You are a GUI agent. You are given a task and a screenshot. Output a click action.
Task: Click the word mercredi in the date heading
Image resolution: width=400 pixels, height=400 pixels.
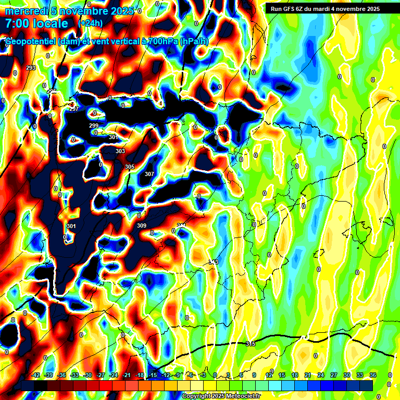pyautogui.click(x=27, y=11)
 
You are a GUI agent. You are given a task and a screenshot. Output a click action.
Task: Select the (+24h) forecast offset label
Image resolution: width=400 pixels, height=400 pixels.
pyautogui.click(x=90, y=23)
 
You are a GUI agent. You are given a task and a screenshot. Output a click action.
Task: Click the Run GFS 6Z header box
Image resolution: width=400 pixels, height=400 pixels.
pyautogui.click(x=325, y=8)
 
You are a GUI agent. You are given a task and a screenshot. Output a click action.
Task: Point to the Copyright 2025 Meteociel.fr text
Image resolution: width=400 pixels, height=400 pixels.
pyautogui.click(x=221, y=396)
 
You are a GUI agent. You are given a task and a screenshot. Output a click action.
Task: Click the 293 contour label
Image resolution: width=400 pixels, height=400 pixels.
pyautogui.click(x=31, y=68)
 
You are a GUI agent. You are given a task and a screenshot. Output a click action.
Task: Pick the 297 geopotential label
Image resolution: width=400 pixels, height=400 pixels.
pyautogui.click(x=74, y=109)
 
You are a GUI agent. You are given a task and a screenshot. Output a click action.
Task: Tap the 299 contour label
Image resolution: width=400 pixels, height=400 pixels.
pyautogui.click(x=94, y=126)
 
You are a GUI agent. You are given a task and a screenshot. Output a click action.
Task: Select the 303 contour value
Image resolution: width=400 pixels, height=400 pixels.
pyautogui.click(x=120, y=151)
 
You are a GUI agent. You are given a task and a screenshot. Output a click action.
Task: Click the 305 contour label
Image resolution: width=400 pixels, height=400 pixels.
pyautogui.click(x=130, y=167)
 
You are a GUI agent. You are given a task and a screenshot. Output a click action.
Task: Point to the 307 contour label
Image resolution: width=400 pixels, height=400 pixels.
pyautogui.click(x=149, y=174)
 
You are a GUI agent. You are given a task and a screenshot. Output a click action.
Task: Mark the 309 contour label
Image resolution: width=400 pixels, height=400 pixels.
pyautogui.click(x=142, y=226)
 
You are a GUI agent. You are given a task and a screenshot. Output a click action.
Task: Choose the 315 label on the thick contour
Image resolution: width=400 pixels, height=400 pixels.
pyautogui.click(x=251, y=344)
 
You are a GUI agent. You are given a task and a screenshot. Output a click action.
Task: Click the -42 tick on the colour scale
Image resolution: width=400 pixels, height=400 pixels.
pyautogui.click(x=36, y=375)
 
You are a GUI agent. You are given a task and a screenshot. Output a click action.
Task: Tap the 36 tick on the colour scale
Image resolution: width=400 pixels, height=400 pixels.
pyautogui.click(x=372, y=375)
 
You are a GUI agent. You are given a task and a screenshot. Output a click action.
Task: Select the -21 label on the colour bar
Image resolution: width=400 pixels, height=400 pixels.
pyautogui.click(x=127, y=375)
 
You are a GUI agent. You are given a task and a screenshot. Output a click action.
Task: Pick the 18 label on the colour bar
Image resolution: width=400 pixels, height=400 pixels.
pyautogui.click(x=295, y=375)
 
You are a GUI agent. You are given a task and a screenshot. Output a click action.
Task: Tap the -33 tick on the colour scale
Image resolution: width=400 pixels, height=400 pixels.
pyautogui.click(x=74, y=375)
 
